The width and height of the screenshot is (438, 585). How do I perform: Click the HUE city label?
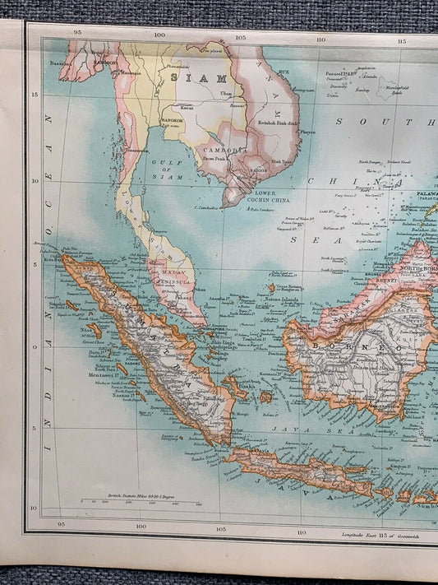click(284, 73)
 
